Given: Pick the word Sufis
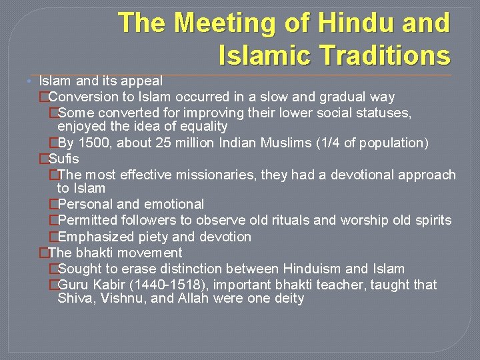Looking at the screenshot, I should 64,159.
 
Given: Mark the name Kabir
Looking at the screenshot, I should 107,285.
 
